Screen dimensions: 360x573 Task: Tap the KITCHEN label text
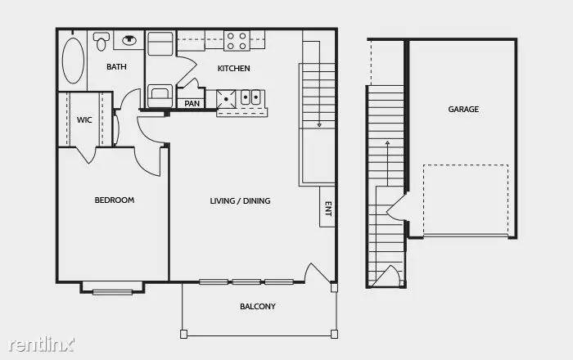[x=233, y=68]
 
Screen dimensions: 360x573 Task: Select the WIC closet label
[x=83, y=120]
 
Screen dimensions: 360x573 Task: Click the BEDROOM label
[x=114, y=200]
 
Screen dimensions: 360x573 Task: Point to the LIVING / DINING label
[x=240, y=200]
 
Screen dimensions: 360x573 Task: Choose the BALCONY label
[x=257, y=307]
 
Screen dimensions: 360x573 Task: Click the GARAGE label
[x=462, y=109]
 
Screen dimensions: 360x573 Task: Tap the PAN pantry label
[x=192, y=103]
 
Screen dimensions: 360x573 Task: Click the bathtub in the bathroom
[x=74, y=61]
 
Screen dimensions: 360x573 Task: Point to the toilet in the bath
[x=102, y=40]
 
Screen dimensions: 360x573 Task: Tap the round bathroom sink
[x=129, y=38]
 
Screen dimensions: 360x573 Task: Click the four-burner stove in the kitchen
[x=237, y=41]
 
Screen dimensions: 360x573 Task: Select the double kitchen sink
[x=250, y=97]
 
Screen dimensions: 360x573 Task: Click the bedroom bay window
[x=113, y=288]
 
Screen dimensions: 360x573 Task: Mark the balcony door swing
[x=315, y=272]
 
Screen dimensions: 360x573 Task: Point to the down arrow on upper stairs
[x=318, y=124]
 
